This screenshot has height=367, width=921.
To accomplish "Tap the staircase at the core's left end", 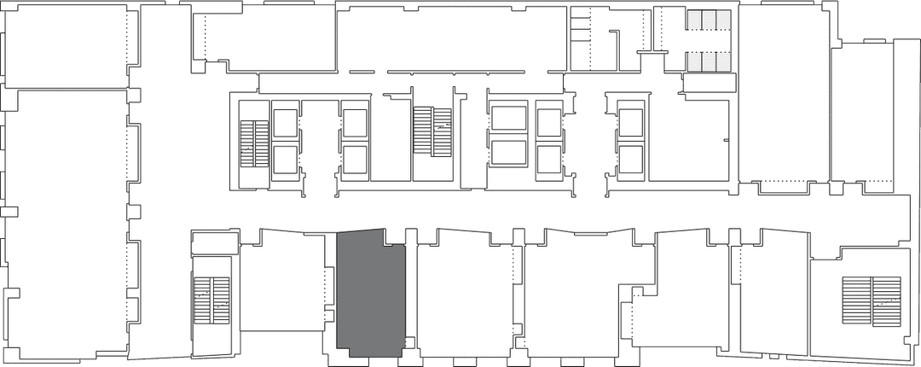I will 253,144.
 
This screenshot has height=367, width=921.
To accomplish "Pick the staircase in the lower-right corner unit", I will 871,301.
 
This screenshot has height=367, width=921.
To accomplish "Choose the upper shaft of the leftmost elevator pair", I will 285,122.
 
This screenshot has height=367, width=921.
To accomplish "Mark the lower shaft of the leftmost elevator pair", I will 285,159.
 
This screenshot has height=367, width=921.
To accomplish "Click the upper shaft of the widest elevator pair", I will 508,118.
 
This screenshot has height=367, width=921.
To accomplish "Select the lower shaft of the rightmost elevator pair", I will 630,159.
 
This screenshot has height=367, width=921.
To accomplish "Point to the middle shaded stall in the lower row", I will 706,61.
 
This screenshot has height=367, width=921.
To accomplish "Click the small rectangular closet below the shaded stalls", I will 709,83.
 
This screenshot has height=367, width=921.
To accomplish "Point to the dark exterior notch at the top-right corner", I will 878,19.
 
